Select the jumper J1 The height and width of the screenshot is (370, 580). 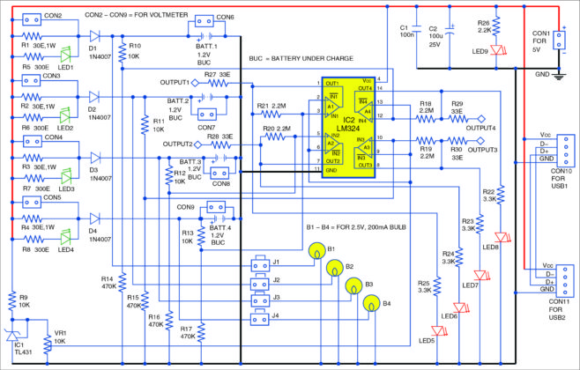(258, 263)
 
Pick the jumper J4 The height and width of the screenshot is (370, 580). (258, 314)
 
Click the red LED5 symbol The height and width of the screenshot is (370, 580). (428, 328)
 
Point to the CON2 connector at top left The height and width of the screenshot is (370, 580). (31, 17)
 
